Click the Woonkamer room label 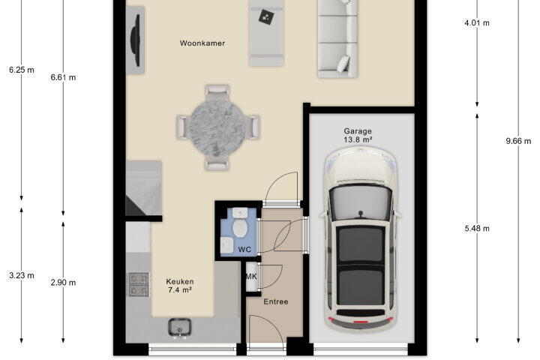click(202, 43)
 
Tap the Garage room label click(358, 131)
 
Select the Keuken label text click(180, 281)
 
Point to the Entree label click(275, 301)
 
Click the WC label click(244, 250)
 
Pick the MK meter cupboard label click(251, 276)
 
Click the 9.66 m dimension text click(518, 141)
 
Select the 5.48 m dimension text click(477, 229)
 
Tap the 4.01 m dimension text click(477, 23)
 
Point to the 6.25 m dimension click(22, 70)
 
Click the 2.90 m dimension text click(63, 283)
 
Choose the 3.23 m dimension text click(22, 275)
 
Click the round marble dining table click(217, 127)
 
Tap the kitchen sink click(179, 327)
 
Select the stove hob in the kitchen click(139, 284)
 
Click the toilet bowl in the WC click(240, 228)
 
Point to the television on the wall click(135, 40)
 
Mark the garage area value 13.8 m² click(358, 139)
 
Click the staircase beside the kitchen click(143, 188)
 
